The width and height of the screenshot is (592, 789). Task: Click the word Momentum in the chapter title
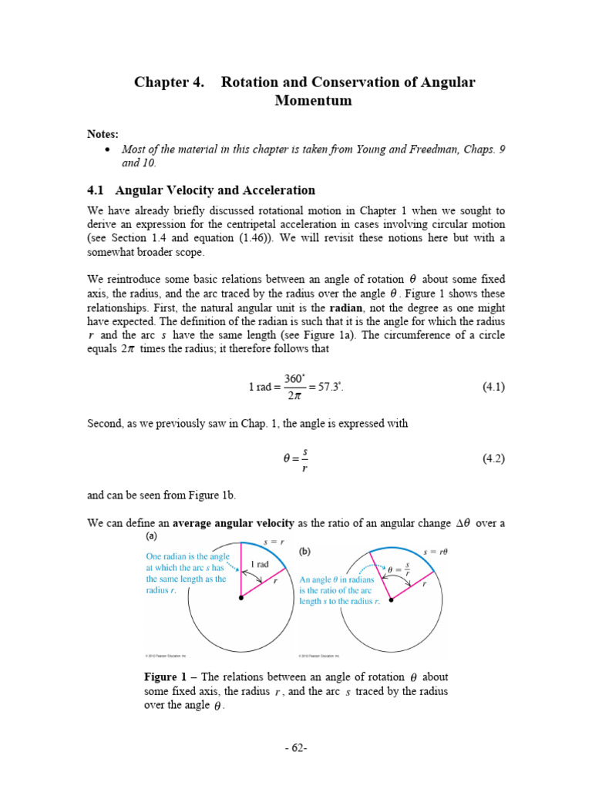coord(313,101)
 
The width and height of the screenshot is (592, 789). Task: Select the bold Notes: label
coord(103,134)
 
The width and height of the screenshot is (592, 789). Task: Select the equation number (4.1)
coord(493,388)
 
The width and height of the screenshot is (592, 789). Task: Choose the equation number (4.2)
coord(493,458)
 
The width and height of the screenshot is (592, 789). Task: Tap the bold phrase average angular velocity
coord(234,523)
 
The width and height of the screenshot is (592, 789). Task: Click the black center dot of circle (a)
coord(241,598)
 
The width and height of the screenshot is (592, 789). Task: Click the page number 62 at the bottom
coord(296,748)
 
